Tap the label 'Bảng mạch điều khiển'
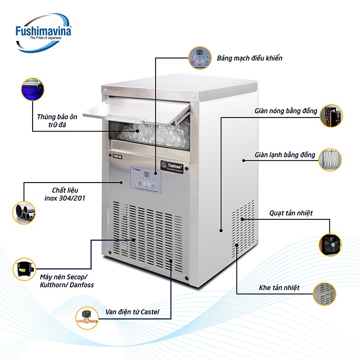250,59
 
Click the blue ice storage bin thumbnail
32,89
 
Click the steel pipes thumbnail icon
24,210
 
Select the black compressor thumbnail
24,269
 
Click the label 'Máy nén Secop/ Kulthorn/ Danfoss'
67,280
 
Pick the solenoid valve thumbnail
88,318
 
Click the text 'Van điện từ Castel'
133,312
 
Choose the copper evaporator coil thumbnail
331,159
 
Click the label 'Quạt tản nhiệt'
291,213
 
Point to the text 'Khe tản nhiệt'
279,287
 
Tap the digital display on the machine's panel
147,175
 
